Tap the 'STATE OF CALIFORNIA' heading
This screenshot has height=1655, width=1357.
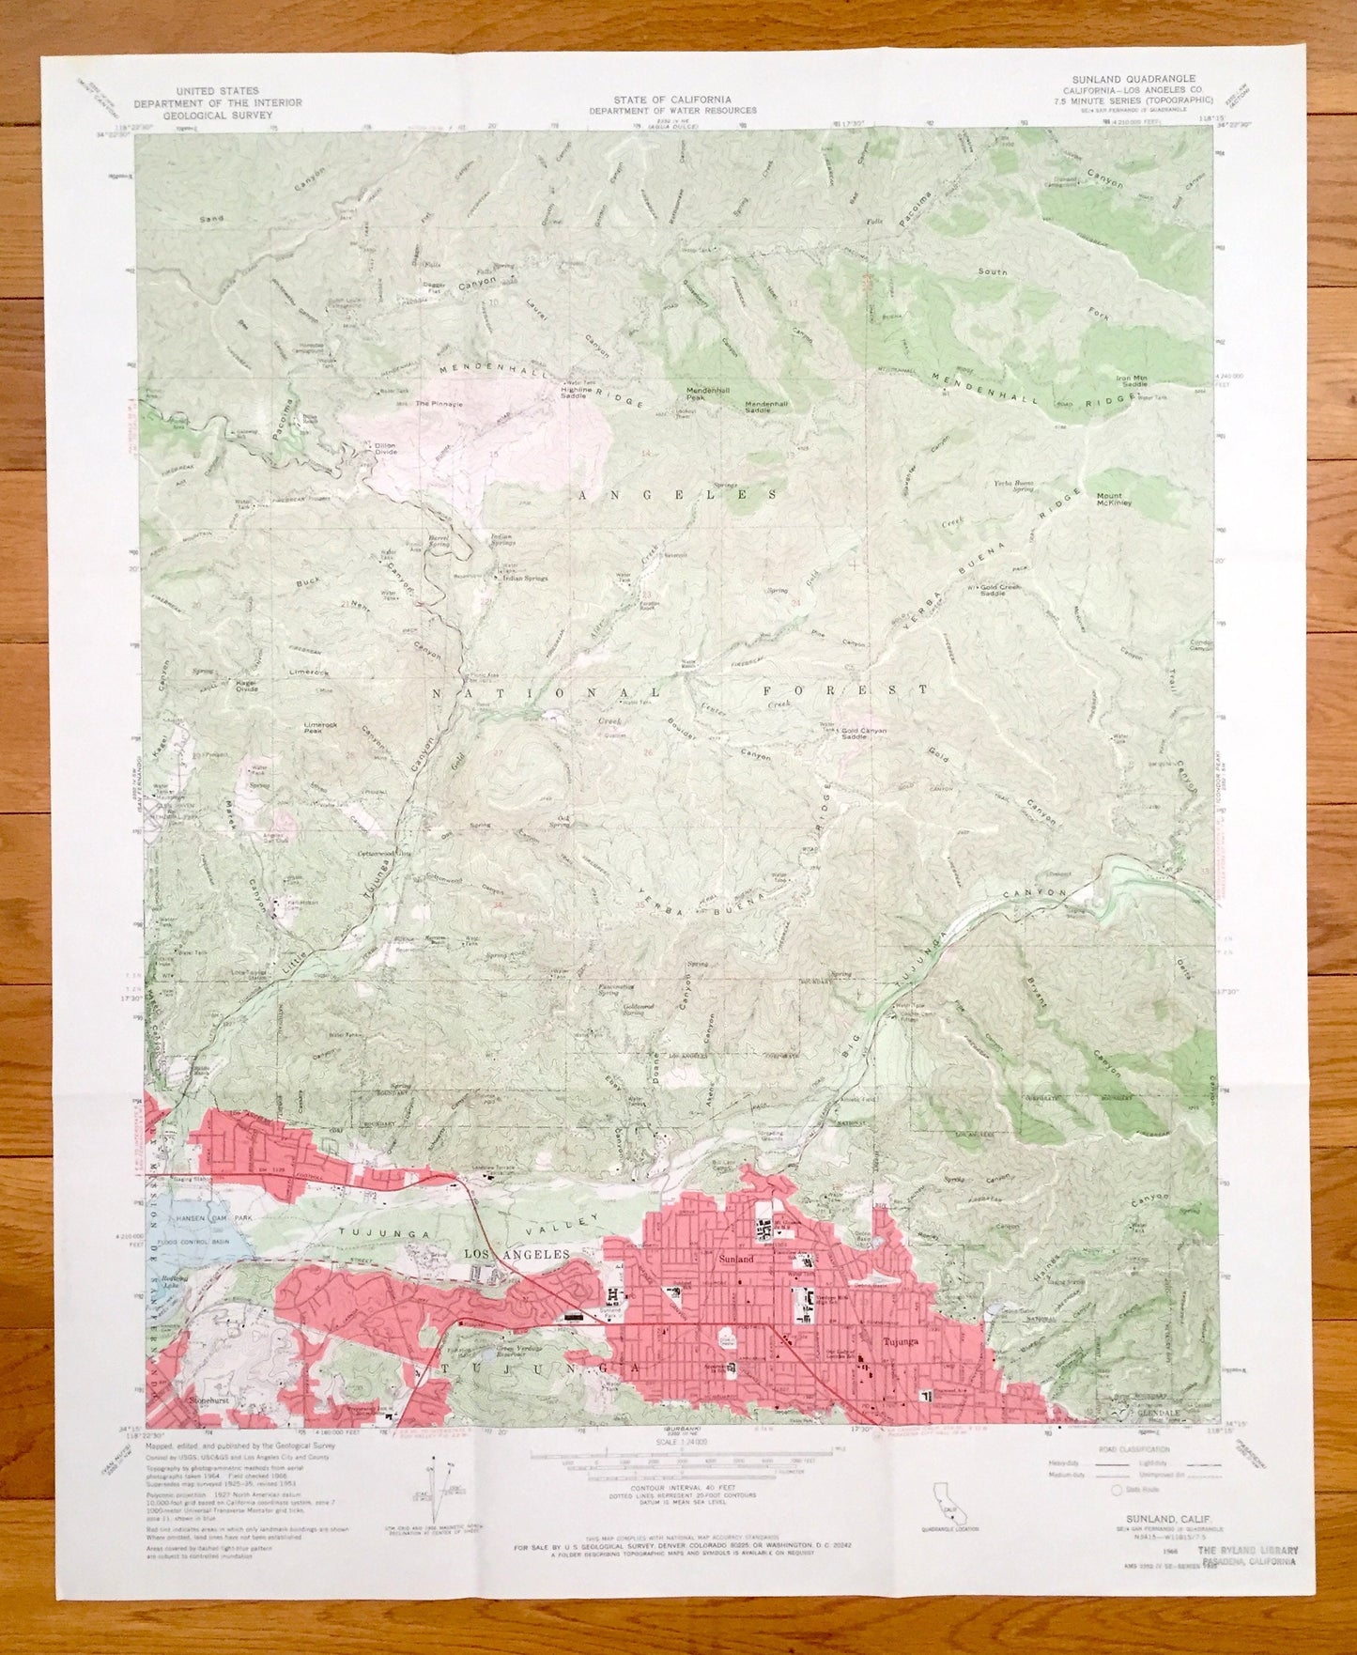[x=672, y=99]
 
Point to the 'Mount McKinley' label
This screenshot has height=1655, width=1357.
[x=1114, y=499]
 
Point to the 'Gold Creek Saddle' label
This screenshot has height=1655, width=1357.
[x=1010, y=589]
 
